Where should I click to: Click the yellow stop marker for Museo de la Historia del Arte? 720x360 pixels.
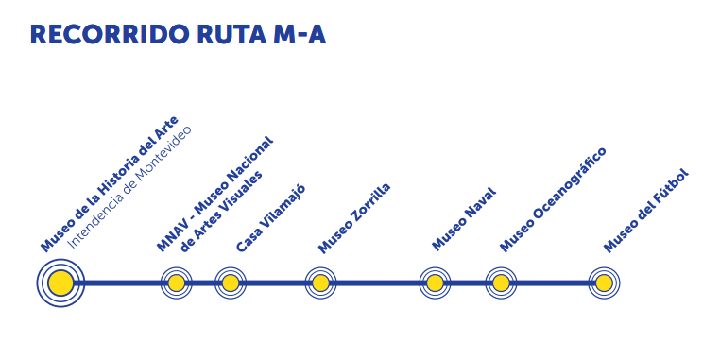click(x=60, y=283)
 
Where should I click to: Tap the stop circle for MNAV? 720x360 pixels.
click(x=176, y=283)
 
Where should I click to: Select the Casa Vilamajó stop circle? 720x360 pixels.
click(x=231, y=283)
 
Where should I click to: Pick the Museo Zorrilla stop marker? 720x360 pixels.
click(x=320, y=283)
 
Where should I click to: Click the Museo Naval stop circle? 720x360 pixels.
click(x=435, y=283)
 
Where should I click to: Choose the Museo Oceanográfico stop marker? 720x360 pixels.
click(x=501, y=283)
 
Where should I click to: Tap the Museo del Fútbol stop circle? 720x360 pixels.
click(x=604, y=283)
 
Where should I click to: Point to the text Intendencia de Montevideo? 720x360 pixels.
click(x=129, y=187)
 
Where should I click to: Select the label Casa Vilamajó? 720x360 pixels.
click(x=270, y=218)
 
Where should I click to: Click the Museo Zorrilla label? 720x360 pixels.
click(x=354, y=218)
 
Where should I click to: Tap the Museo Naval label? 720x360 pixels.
click(x=464, y=219)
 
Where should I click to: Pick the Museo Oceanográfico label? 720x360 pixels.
click(x=553, y=199)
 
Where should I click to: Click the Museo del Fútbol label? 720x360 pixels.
click(x=646, y=211)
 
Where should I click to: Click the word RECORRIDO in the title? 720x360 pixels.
click(x=102, y=34)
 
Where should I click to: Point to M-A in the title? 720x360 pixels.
click(x=298, y=34)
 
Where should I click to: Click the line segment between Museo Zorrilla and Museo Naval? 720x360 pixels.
click(x=378, y=283)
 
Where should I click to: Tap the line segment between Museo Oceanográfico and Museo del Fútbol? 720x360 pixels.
click(x=553, y=283)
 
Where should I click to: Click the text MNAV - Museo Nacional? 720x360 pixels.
click(x=214, y=195)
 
